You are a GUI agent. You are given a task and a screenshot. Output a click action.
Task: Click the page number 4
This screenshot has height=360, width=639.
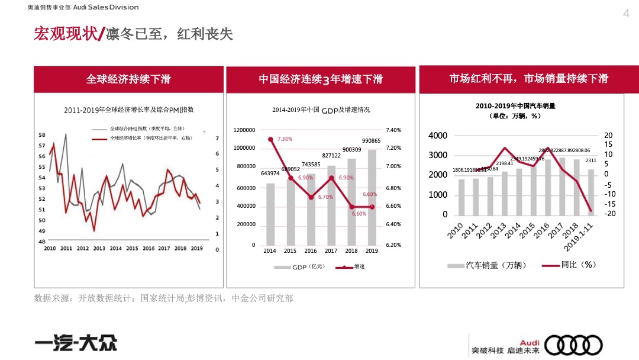tap(627, 14)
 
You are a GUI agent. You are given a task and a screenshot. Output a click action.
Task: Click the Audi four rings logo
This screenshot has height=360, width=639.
tap(573, 345)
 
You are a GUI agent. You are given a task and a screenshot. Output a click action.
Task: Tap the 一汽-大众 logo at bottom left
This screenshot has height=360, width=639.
tap(75, 343)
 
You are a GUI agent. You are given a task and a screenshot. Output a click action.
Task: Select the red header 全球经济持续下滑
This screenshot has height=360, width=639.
tap(128, 79)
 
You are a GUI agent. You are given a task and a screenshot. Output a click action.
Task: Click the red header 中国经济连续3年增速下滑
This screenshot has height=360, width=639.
tap(321, 79)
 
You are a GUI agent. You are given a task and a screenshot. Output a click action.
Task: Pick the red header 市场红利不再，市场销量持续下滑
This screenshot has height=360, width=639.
tap(528, 79)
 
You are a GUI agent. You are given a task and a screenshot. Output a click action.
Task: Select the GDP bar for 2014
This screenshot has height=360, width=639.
tap(270, 214)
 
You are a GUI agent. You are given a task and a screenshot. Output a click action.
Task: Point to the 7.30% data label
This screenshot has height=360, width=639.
tap(285, 139)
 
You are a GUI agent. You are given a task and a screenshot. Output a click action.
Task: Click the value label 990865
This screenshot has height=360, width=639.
tap(372, 141)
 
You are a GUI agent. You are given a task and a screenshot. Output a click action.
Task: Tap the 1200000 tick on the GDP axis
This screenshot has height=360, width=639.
tap(244, 130)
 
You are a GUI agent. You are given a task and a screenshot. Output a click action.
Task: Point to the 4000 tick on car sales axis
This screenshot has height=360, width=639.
tap(438, 136)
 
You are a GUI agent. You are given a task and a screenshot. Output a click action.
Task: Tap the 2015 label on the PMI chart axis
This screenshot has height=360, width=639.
tap(132, 249)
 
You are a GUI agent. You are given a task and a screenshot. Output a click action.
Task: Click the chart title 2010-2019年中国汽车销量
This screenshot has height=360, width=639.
tap(515, 106)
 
